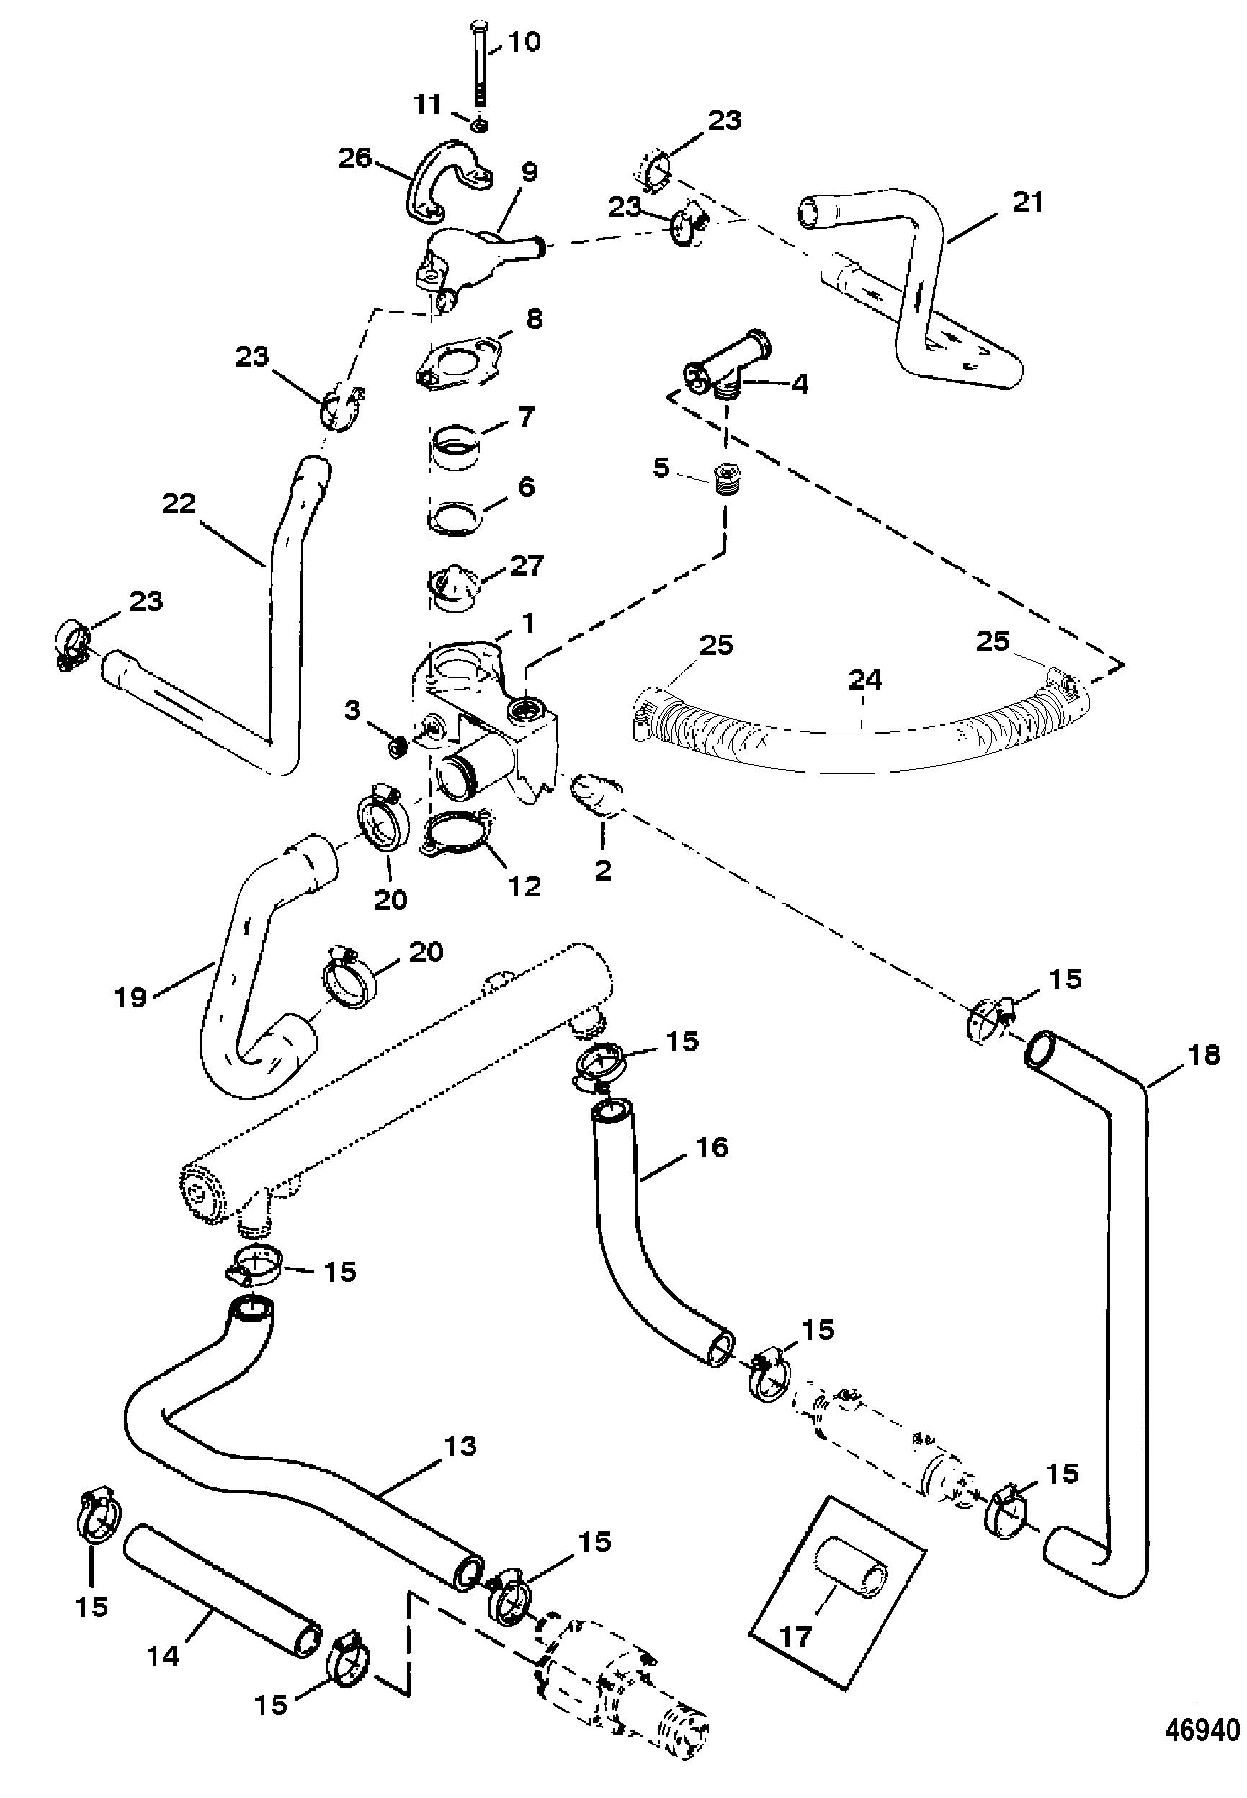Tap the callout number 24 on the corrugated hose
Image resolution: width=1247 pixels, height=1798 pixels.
coord(864,680)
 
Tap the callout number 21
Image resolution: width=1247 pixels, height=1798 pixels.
coord(1027,203)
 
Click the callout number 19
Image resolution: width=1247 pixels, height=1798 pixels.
coord(130,998)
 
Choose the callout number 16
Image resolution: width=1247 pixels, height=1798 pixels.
coord(710,1148)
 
